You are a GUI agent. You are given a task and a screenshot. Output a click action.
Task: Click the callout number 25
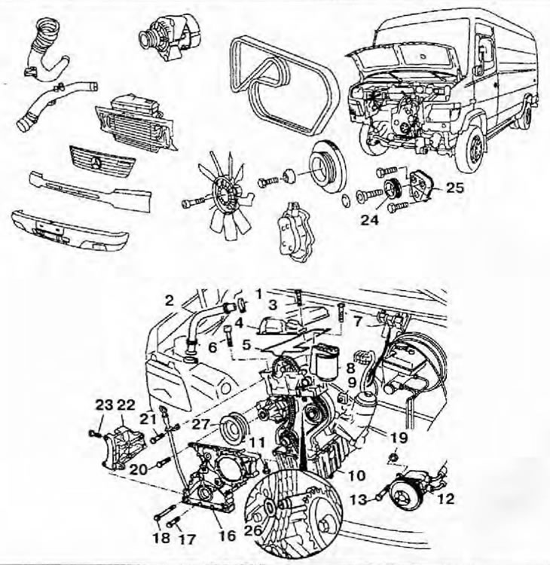click(455, 188)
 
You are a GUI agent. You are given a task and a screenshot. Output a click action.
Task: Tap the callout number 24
click(370, 219)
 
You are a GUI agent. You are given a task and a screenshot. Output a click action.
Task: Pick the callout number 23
click(105, 405)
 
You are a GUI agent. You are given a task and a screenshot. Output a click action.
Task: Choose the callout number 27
click(200, 424)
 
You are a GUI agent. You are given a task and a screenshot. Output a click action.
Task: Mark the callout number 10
click(356, 475)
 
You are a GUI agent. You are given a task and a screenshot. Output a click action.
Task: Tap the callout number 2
click(170, 301)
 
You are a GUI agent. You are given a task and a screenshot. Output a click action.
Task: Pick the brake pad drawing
click(294, 233)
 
